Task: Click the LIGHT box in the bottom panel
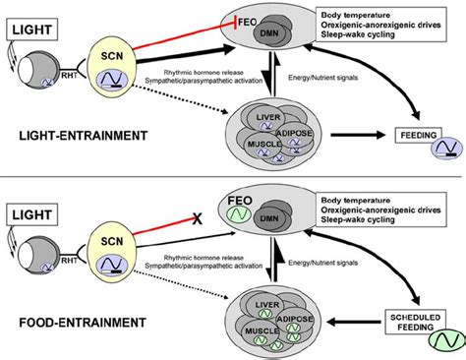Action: click(32, 210)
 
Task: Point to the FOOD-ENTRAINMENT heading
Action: click(65, 321)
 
